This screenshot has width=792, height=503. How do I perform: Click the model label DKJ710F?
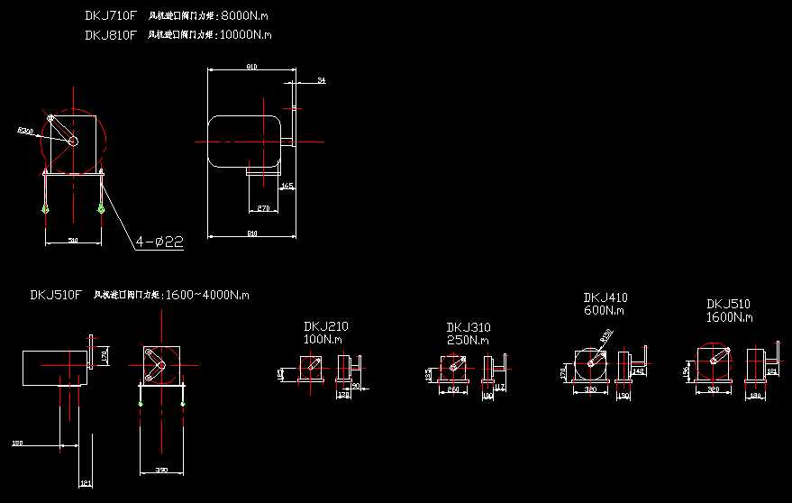pyautogui.click(x=110, y=15)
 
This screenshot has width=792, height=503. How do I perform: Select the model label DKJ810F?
pyautogui.click(x=110, y=35)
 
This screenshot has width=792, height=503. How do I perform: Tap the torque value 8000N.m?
pyautogui.click(x=242, y=15)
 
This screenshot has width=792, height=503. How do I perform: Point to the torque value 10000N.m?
pyautogui.click(x=246, y=35)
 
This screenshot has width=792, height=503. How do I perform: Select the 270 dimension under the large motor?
pyautogui.click(x=263, y=208)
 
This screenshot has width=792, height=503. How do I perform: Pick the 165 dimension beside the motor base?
pyautogui.click(x=287, y=187)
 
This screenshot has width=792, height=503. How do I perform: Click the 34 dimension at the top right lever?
pyautogui.click(x=321, y=81)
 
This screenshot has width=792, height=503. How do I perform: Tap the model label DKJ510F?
pyautogui.click(x=56, y=295)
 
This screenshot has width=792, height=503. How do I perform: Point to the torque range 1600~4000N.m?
pyautogui.click(x=206, y=295)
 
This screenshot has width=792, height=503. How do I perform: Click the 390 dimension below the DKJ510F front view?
pyautogui.click(x=162, y=470)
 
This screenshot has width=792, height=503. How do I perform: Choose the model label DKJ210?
pyautogui.click(x=326, y=326)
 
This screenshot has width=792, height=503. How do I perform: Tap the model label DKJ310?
pyautogui.click(x=468, y=327)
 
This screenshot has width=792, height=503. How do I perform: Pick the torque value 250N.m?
pyautogui.click(x=468, y=340)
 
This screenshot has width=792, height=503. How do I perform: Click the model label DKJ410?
pyautogui.click(x=605, y=297)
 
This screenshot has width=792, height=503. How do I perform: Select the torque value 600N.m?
pyautogui.click(x=604, y=310)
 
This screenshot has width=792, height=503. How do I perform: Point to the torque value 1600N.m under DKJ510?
pyautogui.click(x=729, y=317)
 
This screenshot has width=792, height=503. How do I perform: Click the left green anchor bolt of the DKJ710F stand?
pyautogui.click(x=46, y=210)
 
